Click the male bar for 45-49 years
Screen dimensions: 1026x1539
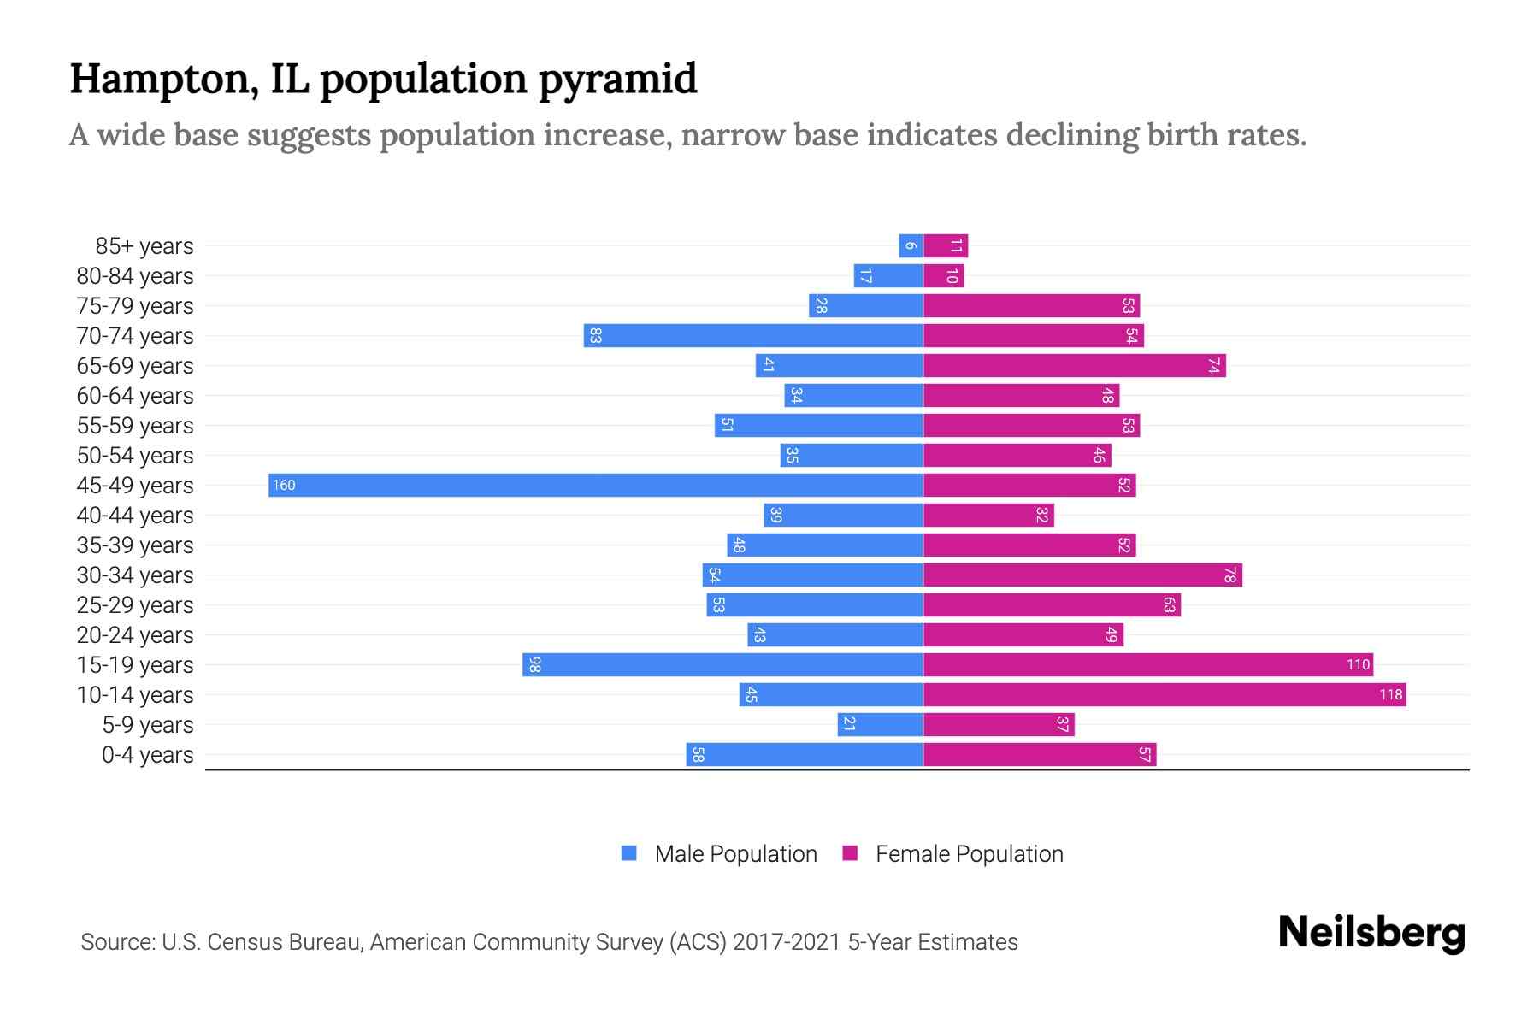[595, 486]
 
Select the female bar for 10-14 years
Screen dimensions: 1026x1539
[1165, 695]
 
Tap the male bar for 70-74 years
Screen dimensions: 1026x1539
[753, 336]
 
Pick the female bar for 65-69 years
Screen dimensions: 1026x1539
[1074, 366]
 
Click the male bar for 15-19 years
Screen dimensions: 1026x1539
[722, 665]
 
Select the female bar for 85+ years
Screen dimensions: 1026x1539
[945, 246]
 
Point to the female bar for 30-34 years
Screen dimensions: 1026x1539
[1082, 575]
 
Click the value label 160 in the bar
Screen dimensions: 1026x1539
[284, 486]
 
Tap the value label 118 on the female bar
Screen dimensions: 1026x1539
[1390, 695]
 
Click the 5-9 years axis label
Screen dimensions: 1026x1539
[147, 725]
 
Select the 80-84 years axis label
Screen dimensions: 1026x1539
[135, 276]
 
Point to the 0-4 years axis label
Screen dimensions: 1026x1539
[147, 755]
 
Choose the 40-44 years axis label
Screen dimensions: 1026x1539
[135, 516]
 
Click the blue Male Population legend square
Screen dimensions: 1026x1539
[629, 853]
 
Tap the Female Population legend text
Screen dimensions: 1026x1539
[969, 854]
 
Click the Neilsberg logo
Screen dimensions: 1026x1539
[1371, 933]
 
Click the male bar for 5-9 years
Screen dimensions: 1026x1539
[880, 725]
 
